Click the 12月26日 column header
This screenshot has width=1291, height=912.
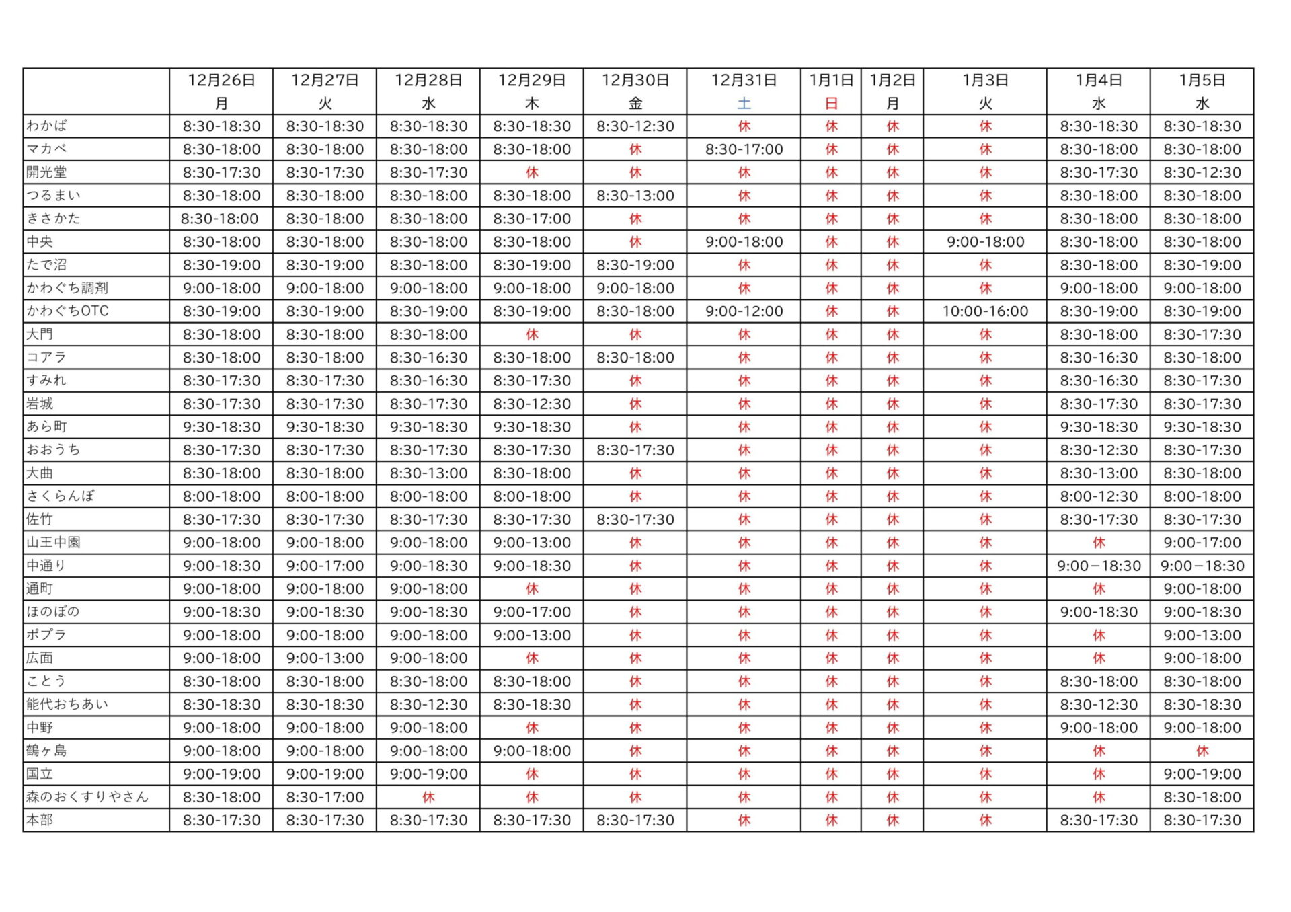click(221, 81)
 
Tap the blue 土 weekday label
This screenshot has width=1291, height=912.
click(744, 104)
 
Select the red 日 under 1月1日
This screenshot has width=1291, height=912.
click(831, 104)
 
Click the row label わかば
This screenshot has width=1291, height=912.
click(47, 126)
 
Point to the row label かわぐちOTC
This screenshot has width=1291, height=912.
click(67, 311)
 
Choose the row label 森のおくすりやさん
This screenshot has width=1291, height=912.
click(87, 797)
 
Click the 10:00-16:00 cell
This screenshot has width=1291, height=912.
click(985, 311)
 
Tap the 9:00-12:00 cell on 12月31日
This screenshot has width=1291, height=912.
click(744, 311)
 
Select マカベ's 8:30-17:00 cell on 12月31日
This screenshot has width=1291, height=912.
click(744, 149)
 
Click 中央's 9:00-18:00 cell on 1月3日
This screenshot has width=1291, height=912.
click(985, 242)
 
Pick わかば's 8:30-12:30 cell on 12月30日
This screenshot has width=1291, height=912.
click(635, 126)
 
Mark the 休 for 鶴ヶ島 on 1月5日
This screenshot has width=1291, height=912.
click(1202, 751)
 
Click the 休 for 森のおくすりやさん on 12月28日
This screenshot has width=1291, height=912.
click(428, 797)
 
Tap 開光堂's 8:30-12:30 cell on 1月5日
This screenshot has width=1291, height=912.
click(1202, 173)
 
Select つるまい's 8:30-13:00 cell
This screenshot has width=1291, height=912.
click(635, 196)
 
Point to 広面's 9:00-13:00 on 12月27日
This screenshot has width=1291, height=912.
click(325, 658)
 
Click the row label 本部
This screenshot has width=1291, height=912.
click(40, 820)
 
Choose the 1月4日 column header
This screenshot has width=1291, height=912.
click(1098, 81)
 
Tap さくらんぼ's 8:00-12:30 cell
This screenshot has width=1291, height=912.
click(1098, 496)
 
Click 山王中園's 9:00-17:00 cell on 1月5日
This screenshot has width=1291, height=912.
click(1202, 543)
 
